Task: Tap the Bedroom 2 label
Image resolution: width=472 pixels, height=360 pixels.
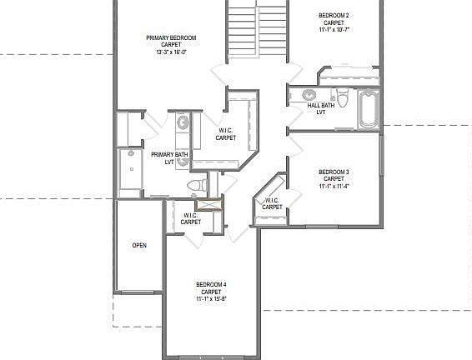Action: point(334,15)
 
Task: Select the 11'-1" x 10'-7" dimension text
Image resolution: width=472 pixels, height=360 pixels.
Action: point(334,29)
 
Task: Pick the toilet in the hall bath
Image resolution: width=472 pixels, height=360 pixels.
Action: point(344,92)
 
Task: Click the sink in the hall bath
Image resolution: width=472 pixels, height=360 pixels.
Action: point(309,94)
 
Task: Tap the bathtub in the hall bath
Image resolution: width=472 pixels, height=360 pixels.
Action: point(367,109)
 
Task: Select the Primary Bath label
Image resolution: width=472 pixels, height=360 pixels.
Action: point(168,155)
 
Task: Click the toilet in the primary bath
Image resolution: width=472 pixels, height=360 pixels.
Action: point(193,184)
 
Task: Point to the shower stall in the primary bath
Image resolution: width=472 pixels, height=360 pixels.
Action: point(130,171)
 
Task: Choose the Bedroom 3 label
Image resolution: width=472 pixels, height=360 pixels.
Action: point(334,172)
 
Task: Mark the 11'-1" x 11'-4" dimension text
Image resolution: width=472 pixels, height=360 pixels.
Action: point(334,187)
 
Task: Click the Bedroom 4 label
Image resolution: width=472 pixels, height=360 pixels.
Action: point(211,284)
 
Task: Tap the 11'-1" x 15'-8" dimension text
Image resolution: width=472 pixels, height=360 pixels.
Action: point(211,298)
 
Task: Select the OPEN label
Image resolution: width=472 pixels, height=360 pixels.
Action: point(139,246)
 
